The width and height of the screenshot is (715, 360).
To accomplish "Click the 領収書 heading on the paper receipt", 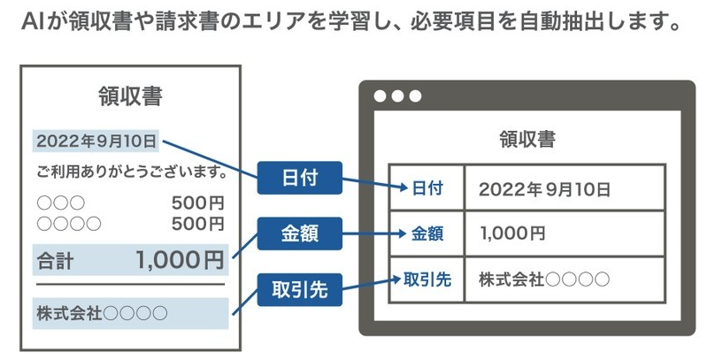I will click(x=132, y=96).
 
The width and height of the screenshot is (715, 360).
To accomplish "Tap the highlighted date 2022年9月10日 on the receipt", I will click(x=96, y=140).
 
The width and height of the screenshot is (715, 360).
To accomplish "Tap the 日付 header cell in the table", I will click(x=427, y=188).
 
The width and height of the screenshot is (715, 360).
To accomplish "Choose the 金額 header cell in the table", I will click(x=427, y=234).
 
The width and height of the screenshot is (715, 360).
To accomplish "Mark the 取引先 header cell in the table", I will click(x=427, y=280).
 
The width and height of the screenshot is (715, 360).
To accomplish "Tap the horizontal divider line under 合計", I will click(x=130, y=285).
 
